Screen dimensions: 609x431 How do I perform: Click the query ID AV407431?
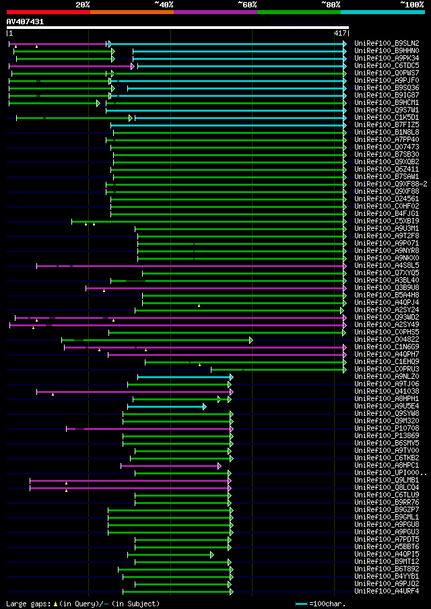26,22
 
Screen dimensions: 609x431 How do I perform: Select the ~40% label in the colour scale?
164,4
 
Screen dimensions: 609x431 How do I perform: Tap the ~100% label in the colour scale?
411,4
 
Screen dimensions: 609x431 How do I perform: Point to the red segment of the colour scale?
47,11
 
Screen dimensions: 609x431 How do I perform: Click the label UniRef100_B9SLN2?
387,43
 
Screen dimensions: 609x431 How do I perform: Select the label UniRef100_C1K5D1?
387,117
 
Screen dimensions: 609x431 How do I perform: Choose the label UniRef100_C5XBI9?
387,221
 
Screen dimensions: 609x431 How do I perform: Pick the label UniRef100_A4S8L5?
387,265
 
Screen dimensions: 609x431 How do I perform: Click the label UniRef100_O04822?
387,339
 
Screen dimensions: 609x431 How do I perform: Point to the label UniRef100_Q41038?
387,391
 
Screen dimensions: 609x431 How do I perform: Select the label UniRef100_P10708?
387,428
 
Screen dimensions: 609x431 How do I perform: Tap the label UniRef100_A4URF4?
387,591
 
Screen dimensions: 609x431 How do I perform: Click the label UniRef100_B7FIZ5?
387,124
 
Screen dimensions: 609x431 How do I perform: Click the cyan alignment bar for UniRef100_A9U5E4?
166,406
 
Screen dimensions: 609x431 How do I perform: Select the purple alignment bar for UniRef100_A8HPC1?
170,465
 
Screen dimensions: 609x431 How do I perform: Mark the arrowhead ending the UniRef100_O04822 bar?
251,340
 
